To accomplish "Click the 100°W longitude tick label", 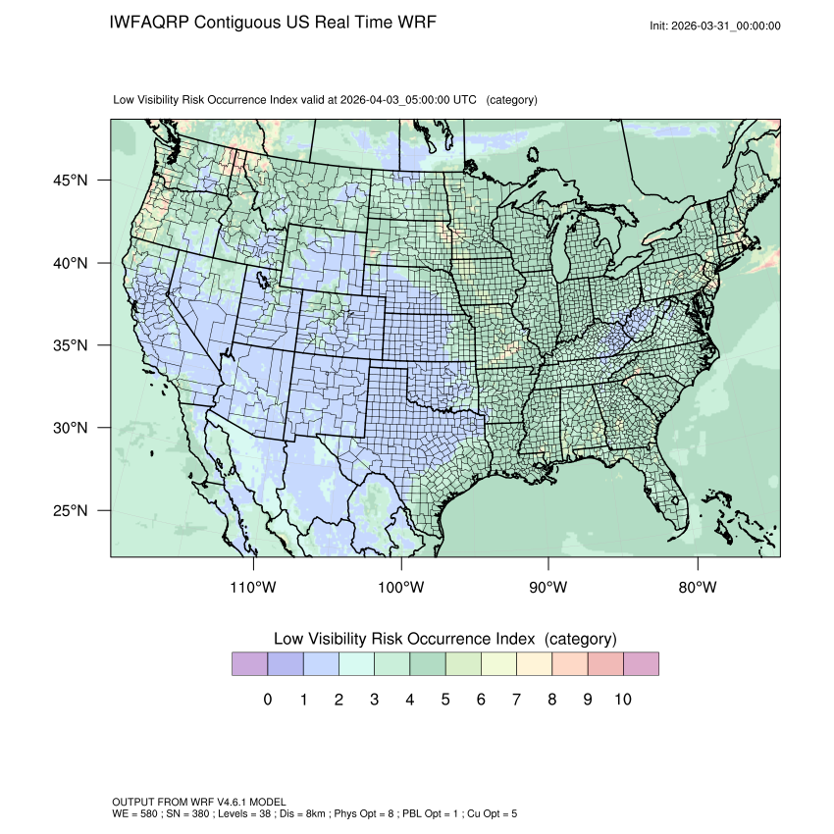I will click(x=401, y=588).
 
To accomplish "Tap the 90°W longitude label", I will click(x=548, y=588).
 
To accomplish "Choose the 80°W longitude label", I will click(x=697, y=588).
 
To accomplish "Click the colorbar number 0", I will click(x=267, y=700).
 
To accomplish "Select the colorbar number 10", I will click(x=623, y=700).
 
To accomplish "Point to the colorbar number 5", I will click(x=444, y=700).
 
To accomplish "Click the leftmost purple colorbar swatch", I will click(x=249, y=664).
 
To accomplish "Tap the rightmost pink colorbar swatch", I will click(x=641, y=664).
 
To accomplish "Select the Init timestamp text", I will click(x=714, y=26).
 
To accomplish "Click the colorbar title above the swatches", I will click(x=444, y=639).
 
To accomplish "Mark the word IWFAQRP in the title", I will click(x=150, y=23).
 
